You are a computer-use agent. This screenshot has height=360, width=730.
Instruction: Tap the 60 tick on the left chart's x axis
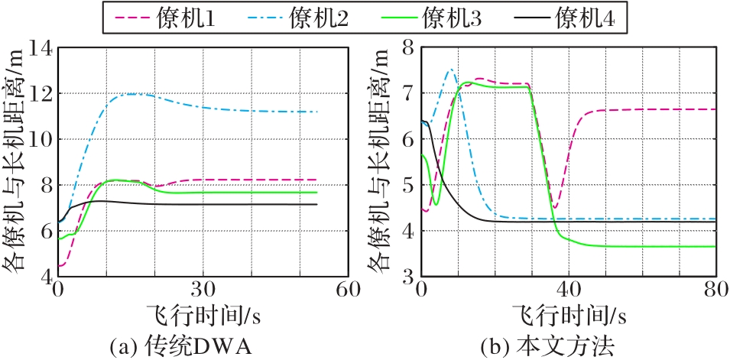[348, 291]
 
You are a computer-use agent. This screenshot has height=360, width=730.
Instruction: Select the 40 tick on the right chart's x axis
[566, 291]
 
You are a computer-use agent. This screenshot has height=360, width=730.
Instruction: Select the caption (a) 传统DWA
[181, 346]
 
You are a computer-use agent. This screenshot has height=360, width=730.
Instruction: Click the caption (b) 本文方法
[547, 346]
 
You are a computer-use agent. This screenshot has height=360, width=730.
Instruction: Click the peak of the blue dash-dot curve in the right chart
[450, 70]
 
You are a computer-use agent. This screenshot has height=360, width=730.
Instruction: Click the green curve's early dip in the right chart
[436, 204]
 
